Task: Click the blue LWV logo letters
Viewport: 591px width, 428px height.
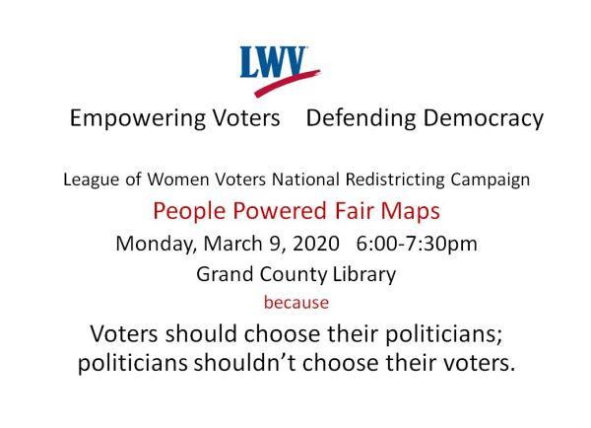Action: pos(273,62)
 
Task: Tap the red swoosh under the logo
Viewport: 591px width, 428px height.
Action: pos(287,84)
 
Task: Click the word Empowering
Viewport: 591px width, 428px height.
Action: pos(138,118)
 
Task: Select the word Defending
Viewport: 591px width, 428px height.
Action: pos(361,118)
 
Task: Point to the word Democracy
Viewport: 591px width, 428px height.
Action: pos(484,118)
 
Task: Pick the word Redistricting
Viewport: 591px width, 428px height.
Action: pos(395,179)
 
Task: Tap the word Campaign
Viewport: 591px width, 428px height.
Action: pos(490,179)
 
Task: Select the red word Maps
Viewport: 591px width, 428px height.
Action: pos(410,212)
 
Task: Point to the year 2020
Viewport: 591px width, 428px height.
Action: pos(316,244)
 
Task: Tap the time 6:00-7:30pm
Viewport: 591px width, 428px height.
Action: pos(417,244)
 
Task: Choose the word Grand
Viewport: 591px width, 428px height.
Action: pos(225,274)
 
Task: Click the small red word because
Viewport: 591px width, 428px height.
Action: pos(296,303)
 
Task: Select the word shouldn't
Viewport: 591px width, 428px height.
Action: pos(244,363)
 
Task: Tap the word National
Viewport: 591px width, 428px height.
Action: pos(305,179)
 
